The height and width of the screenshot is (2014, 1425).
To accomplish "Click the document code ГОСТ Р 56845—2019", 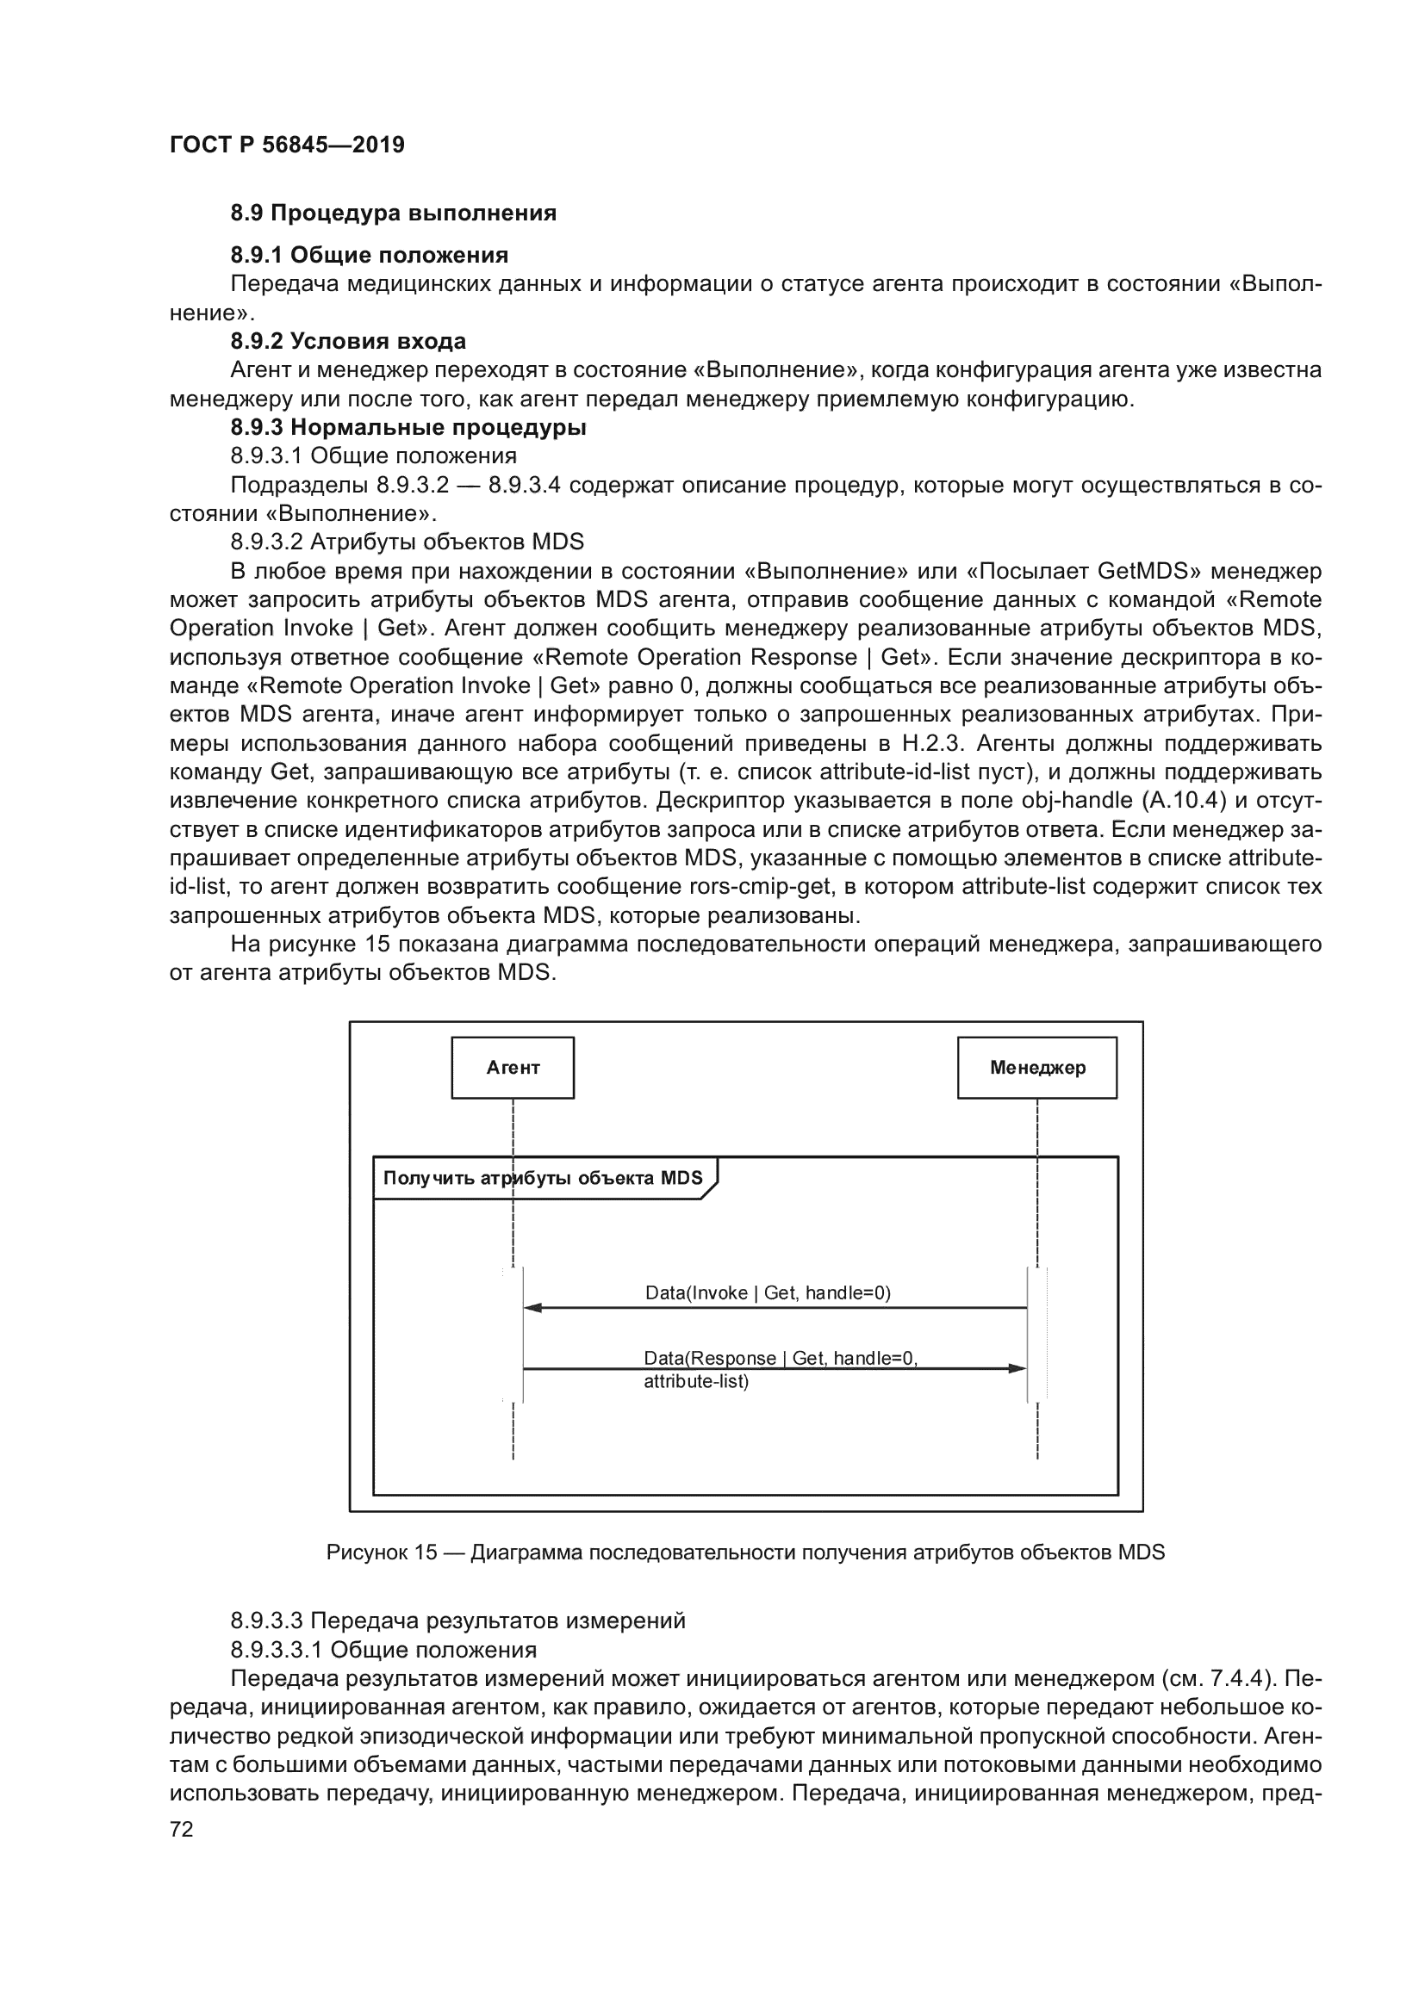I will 287,145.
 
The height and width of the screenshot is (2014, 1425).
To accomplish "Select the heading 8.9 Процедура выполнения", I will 393,214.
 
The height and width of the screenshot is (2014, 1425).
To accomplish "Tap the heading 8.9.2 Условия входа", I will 348,341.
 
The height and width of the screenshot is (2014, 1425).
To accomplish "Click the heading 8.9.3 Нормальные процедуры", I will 408,427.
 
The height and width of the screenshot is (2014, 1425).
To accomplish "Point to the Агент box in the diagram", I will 513,1068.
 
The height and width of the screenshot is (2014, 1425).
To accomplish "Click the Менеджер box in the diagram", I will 1036,1068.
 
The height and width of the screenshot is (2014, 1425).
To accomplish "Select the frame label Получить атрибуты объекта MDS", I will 542,1178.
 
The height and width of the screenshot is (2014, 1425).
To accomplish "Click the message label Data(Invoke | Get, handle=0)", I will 768,1292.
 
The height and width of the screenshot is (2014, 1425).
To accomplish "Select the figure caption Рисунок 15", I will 745,1552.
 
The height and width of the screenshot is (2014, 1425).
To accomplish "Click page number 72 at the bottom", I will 181,1829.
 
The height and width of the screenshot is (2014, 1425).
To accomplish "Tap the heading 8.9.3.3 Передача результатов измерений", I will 457,1621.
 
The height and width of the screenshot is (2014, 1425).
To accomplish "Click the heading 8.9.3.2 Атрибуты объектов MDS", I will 408,542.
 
